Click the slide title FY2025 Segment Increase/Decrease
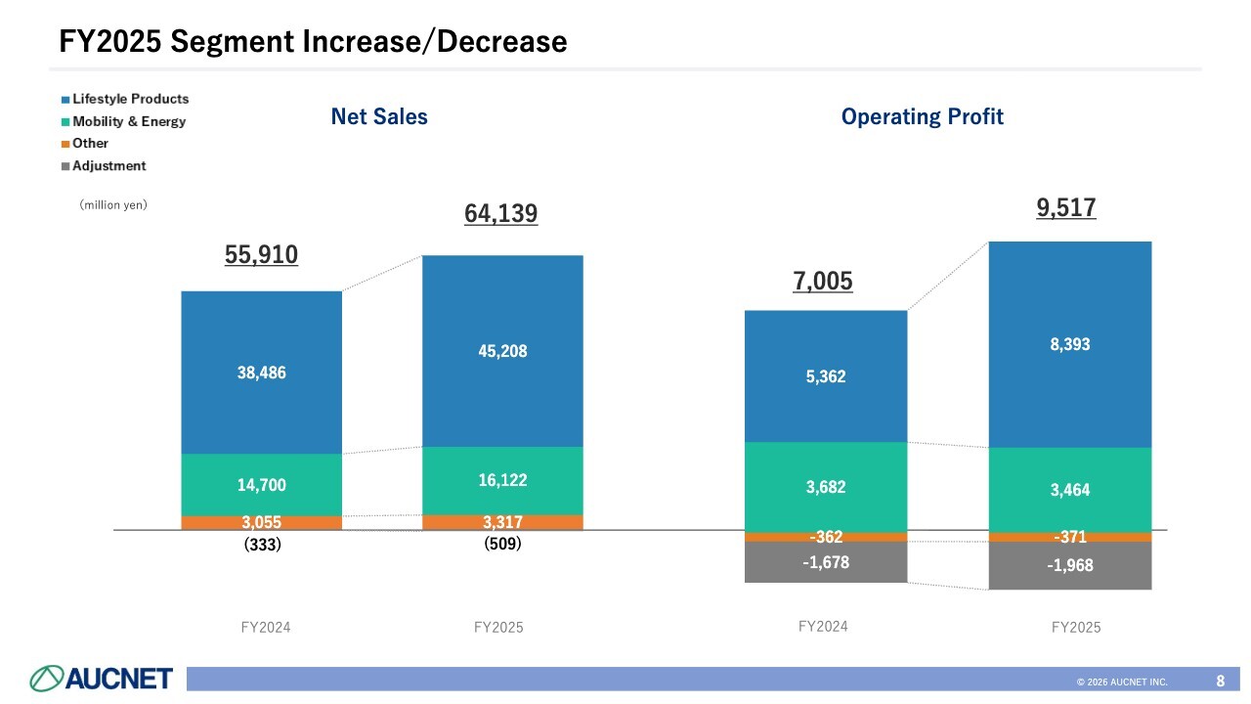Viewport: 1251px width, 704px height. click(313, 41)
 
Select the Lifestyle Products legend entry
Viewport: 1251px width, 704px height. click(130, 99)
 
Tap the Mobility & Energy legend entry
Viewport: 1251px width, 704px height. click(128, 121)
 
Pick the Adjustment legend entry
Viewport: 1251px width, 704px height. click(108, 166)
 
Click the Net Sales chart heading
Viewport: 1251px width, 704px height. click(379, 117)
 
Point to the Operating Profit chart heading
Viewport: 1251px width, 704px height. click(922, 117)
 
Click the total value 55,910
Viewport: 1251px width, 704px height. click(261, 255)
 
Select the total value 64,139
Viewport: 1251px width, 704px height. click(500, 213)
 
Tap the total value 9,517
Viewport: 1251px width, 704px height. click(1066, 207)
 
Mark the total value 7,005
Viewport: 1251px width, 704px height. click(822, 282)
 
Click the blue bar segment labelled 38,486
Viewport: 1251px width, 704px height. click(262, 373)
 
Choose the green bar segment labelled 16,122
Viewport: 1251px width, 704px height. click(502, 480)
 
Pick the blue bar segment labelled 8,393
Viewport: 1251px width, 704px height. click(1070, 344)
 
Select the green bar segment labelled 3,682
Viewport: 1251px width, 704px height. click(826, 487)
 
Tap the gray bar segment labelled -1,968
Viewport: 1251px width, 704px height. click(1070, 566)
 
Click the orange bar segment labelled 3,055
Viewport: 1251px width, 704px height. click(262, 523)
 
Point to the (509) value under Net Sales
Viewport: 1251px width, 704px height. click(502, 545)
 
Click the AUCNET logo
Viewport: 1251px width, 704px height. click(102, 679)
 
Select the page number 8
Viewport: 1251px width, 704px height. click(1221, 680)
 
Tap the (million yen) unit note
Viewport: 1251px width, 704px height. click(112, 205)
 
